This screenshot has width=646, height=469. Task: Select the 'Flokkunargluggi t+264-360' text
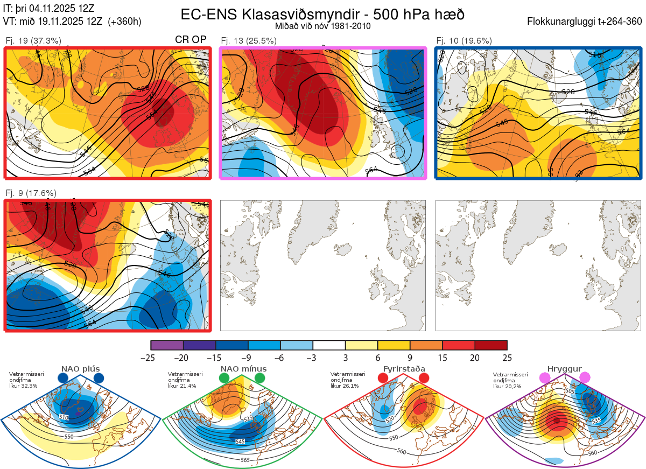(x=586, y=22)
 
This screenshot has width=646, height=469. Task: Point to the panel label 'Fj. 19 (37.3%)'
(x=33, y=40)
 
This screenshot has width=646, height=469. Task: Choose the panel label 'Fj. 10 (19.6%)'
(x=464, y=40)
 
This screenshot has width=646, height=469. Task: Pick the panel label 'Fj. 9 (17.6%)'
(x=31, y=193)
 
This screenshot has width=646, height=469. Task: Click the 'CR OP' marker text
(x=191, y=40)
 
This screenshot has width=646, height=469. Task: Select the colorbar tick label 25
(x=507, y=358)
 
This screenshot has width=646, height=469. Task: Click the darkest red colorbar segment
(x=491, y=345)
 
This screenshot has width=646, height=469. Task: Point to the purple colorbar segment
(x=167, y=345)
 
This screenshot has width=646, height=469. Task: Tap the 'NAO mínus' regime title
(x=243, y=369)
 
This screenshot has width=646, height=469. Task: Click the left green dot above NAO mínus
(x=224, y=378)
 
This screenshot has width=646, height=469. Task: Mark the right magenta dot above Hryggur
(x=585, y=378)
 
